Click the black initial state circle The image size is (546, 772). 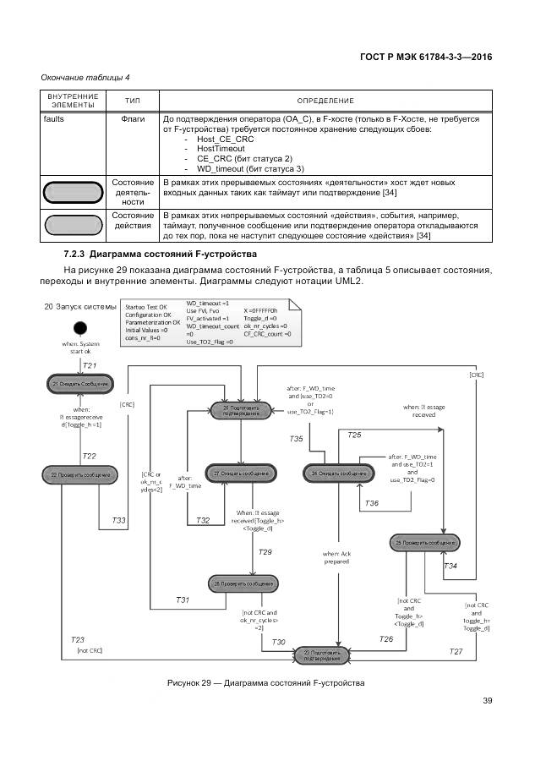point(79,328)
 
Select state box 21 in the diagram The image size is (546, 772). point(79,384)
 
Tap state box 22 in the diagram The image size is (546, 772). point(79,475)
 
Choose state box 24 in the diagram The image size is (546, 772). point(339,474)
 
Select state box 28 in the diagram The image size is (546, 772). point(243,584)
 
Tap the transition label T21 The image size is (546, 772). point(90,364)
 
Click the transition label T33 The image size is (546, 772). point(119,519)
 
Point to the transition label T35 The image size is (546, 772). point(296,439)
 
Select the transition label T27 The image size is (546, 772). point(456,651)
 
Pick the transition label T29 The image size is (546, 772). point(265,551)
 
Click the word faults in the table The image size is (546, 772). point(53,119)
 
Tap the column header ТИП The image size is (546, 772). point(133,100)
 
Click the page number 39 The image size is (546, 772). point(488,699)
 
